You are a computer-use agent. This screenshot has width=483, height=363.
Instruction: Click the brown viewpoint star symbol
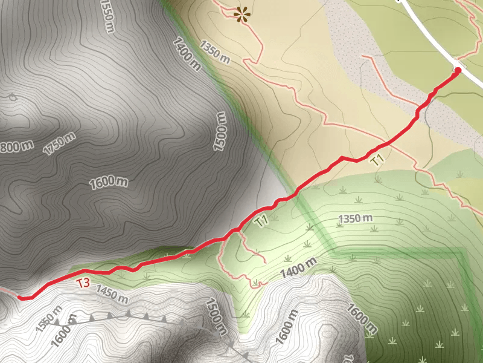pos(243,15)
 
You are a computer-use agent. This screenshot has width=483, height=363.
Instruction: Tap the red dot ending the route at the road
pos(457,71)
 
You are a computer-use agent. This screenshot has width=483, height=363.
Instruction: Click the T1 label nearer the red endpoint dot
pos(378,160)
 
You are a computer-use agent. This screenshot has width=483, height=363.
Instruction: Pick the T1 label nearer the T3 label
pos(261,221)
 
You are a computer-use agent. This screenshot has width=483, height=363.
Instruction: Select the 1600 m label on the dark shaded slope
pos(109,182)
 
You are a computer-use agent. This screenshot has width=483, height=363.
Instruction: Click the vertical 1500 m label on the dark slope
pos(222,131)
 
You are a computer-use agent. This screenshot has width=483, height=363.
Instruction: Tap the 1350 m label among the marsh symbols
pos(355,218)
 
